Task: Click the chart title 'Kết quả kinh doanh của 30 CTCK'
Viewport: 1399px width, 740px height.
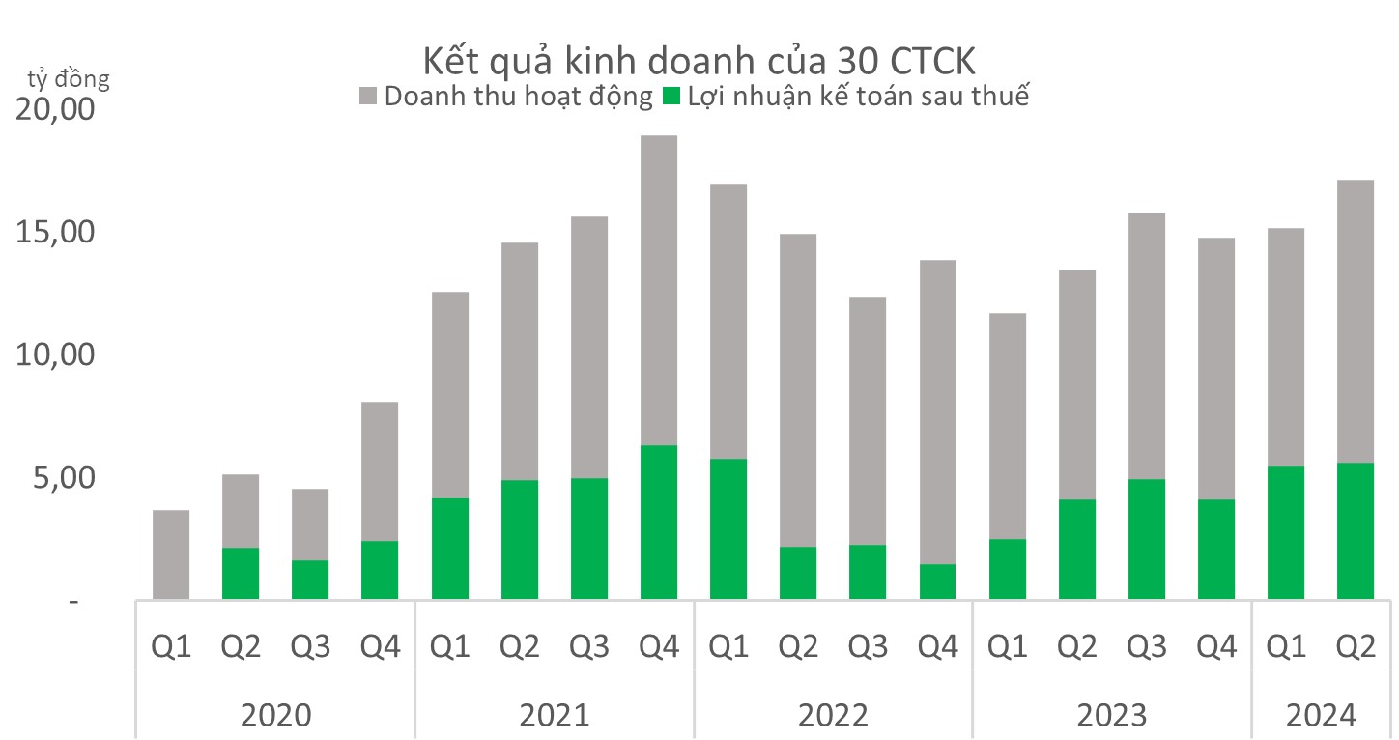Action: coord(699,62)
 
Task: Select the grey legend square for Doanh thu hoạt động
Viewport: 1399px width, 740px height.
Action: coord(369,97)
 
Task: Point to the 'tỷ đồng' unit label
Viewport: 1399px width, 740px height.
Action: coord(69,78)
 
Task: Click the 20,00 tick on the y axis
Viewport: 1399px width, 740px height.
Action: coord(56,110)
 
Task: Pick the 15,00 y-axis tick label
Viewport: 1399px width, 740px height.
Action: coord(56,233)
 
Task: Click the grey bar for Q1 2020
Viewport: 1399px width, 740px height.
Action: coord(171,555)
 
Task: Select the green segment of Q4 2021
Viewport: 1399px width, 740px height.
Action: coord(659,523)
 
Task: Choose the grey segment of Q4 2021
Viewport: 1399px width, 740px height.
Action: coord(659,290)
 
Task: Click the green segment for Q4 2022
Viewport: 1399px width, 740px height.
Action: coord(937,582)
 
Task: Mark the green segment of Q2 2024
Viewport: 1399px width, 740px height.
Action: coord(1356,531)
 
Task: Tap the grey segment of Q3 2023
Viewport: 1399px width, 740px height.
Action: coord(1147,346)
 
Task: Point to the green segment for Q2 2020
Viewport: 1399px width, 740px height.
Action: coord(241,574)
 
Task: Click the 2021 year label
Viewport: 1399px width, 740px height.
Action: coord(554,716)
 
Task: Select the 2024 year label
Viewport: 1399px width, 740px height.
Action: coord(1321,716)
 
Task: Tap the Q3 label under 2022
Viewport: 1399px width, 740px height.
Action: coord(868,646)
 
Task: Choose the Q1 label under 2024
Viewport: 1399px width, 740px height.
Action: coord(1286,646)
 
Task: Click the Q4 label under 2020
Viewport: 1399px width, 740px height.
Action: coord(380,646)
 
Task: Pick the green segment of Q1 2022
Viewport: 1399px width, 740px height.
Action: coord(728,529)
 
